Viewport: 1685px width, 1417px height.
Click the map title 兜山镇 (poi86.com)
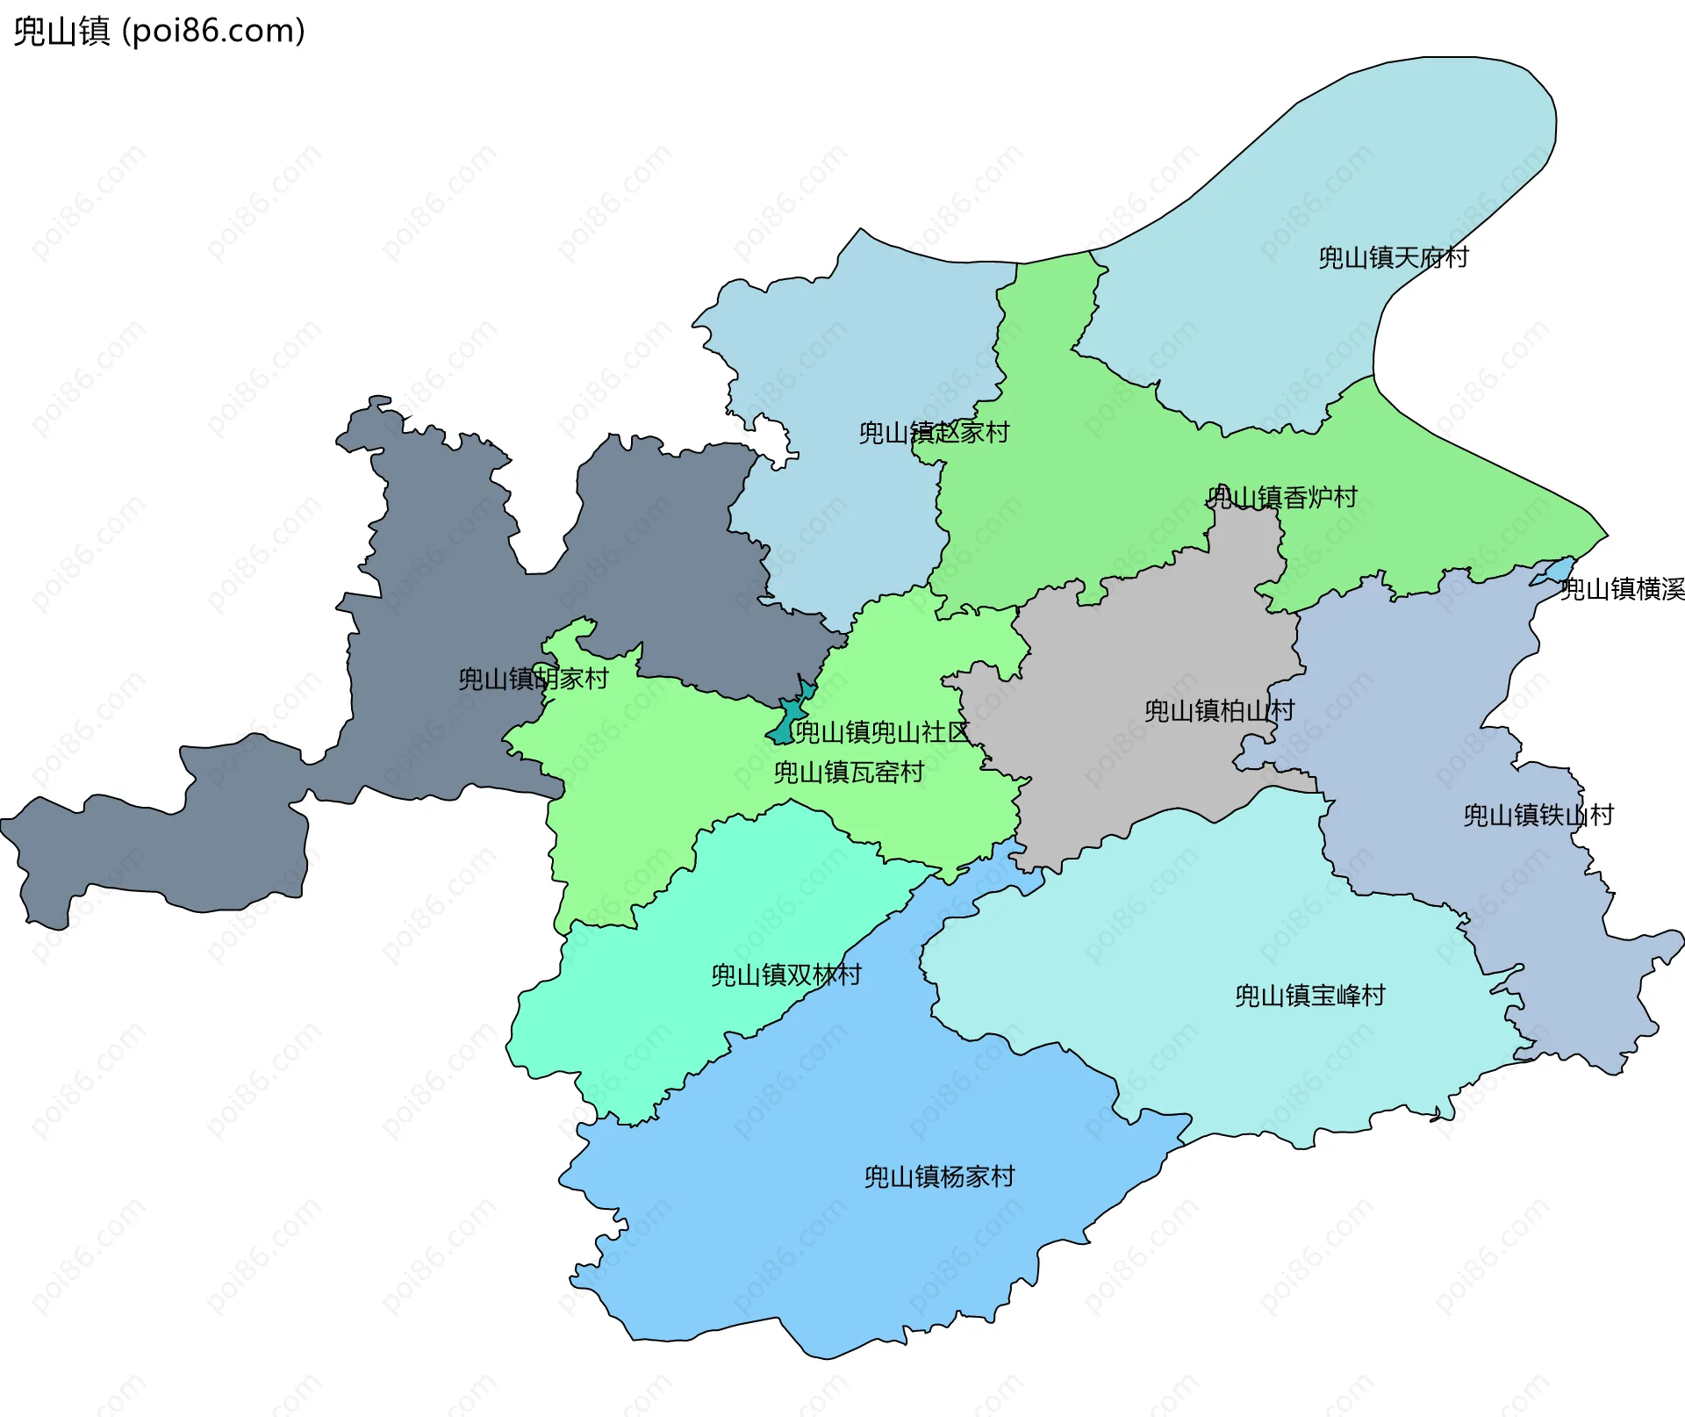coord(159,32)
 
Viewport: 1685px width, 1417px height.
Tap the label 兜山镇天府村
coord(1393,257)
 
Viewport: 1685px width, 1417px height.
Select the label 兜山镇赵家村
coord(934,432)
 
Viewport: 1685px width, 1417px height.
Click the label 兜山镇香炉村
coord(1282,497)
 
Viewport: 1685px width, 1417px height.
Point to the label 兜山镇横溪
coord(1622,589)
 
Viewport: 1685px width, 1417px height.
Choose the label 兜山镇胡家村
coord(533,679)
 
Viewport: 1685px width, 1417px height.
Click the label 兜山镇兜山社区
coord(881,731)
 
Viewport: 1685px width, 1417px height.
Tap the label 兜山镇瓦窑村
coord(849,772)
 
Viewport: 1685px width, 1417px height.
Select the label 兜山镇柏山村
coord(1219,710)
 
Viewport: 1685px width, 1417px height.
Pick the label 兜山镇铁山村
coord(1538,815)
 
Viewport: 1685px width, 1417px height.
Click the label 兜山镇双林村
coord(785,975)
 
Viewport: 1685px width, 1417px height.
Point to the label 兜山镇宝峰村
coord(1309,995)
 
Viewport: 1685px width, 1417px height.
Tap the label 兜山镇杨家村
coord(939,1176)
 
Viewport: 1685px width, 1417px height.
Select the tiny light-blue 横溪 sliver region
coord(1558,569)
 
